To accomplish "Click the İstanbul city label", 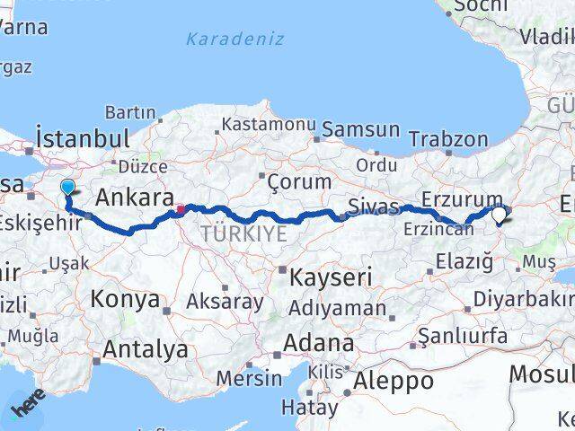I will point(82,139).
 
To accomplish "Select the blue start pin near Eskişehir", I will point(68,187).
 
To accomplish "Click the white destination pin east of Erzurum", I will point(500,214).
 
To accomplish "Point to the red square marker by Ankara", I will point(181,210).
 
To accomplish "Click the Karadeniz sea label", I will point(234,40).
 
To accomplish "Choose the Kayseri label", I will point(330,277).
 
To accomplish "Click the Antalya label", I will point(146,348).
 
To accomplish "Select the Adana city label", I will point(319,343).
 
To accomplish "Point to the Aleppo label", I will point(394,381).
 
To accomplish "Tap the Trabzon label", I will point(448,139).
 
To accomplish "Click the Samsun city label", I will point(361,129).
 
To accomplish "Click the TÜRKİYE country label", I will point(243,234).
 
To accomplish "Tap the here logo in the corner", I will point(27,409).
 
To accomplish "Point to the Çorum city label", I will point(299,182).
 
